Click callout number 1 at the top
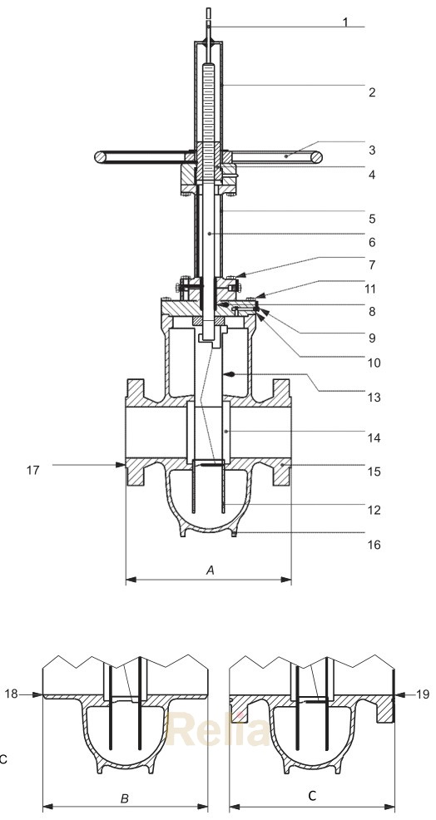(x=345, y=22)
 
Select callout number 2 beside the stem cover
(x=371, y=91)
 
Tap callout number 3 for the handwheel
(x=372, y=151)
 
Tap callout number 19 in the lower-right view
(x=423, y=693)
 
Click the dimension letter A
(x=210, y=570)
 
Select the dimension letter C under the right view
(x=312, y=796)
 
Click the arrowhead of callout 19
(x=397, y=693)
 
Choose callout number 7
(x=372, y=265)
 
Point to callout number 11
(x=372, y=289)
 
